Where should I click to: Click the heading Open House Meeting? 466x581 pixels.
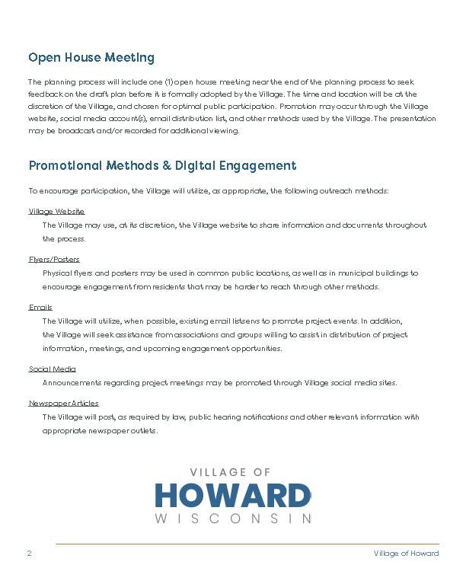click(91, 58)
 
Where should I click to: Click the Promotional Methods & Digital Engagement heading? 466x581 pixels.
click(162, 166)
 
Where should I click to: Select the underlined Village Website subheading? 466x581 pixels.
click(56, 211)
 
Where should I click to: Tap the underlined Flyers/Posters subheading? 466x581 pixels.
click(54, 259)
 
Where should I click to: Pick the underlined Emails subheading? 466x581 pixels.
click(40, 307)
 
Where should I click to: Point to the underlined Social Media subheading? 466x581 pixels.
click(53, 369)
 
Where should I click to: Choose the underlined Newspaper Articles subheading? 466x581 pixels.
click(64, 403)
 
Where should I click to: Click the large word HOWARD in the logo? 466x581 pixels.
click(233, 495)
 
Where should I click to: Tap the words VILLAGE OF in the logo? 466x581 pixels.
click(233, 473)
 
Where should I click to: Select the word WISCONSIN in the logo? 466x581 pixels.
click(233, 519)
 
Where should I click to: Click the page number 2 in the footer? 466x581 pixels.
click(29, 554)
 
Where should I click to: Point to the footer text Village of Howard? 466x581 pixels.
click(406, 554)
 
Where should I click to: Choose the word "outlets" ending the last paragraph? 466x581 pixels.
click(144, 431)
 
